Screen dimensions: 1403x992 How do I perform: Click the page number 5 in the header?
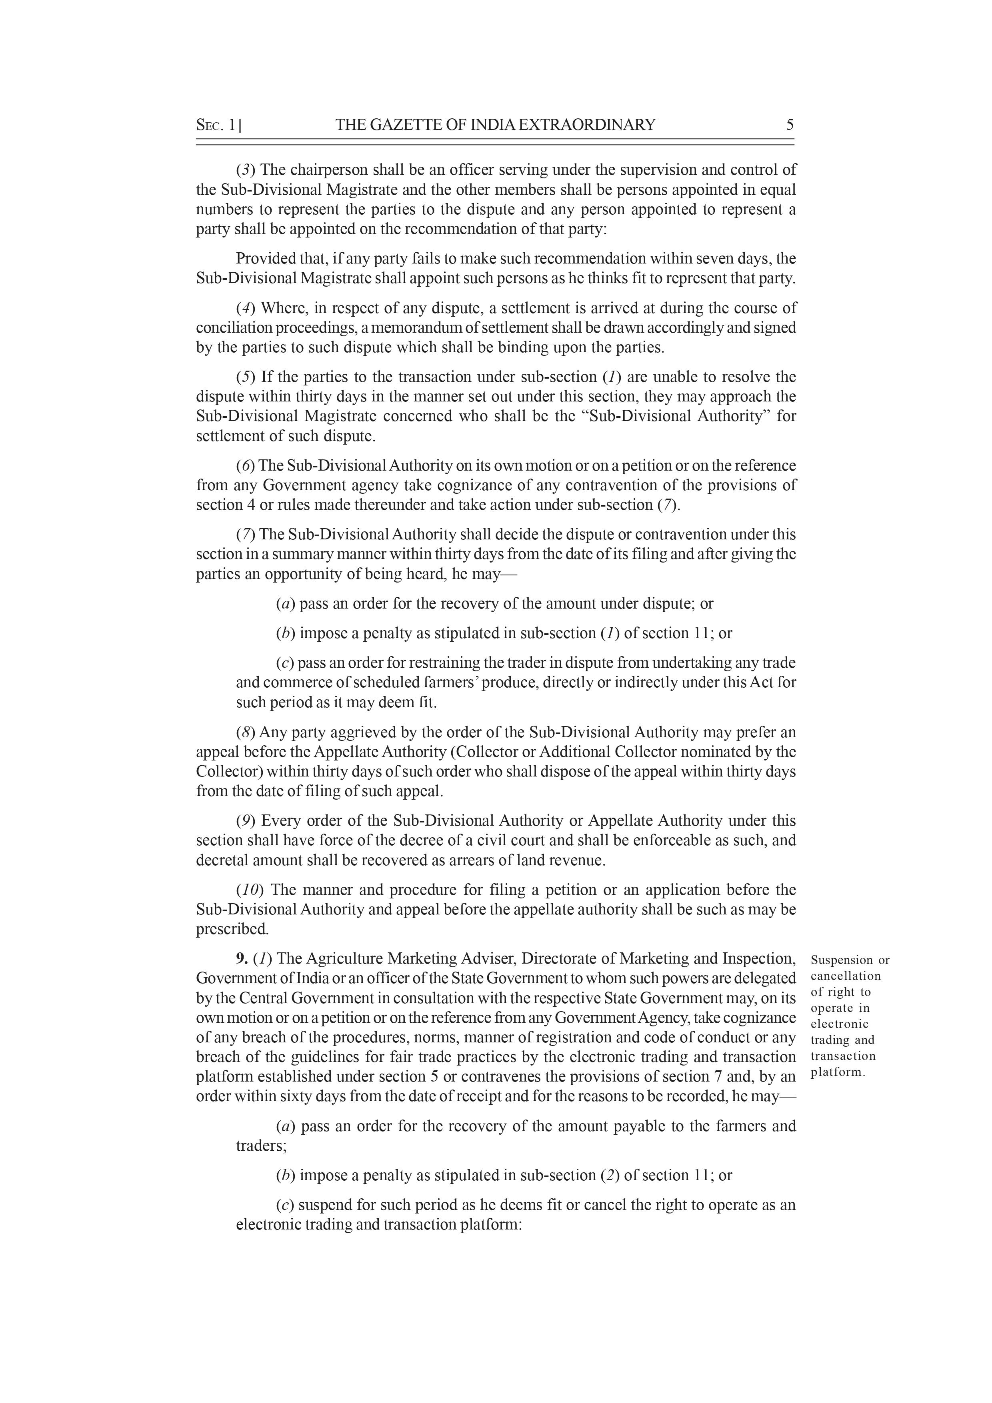(790, 125)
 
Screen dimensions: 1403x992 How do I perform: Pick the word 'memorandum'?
(411, 327)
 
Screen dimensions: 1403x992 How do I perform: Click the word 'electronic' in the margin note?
(839, 1024)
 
